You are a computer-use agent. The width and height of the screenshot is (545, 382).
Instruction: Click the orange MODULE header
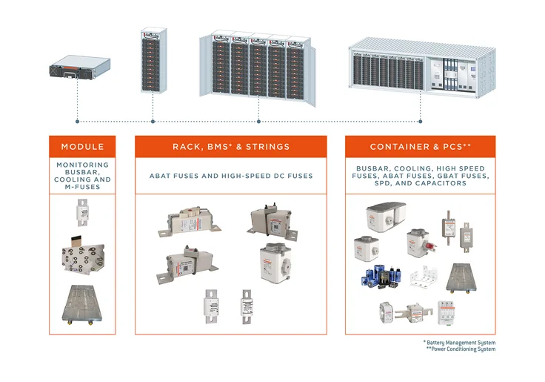point(82,147)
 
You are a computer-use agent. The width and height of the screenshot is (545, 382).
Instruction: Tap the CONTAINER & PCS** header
point(420,147)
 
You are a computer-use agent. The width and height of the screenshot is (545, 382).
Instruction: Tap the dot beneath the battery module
point(77,121)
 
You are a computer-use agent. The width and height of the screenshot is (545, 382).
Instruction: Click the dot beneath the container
point(420,121)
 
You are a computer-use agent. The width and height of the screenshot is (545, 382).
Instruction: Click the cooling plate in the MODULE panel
point(82,304)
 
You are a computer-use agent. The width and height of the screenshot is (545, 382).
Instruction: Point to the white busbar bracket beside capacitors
point(424,278)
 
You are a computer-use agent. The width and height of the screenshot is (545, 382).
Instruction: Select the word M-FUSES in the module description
point(82,186)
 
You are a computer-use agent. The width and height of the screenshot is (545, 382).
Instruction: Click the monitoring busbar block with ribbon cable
point(82,257)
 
